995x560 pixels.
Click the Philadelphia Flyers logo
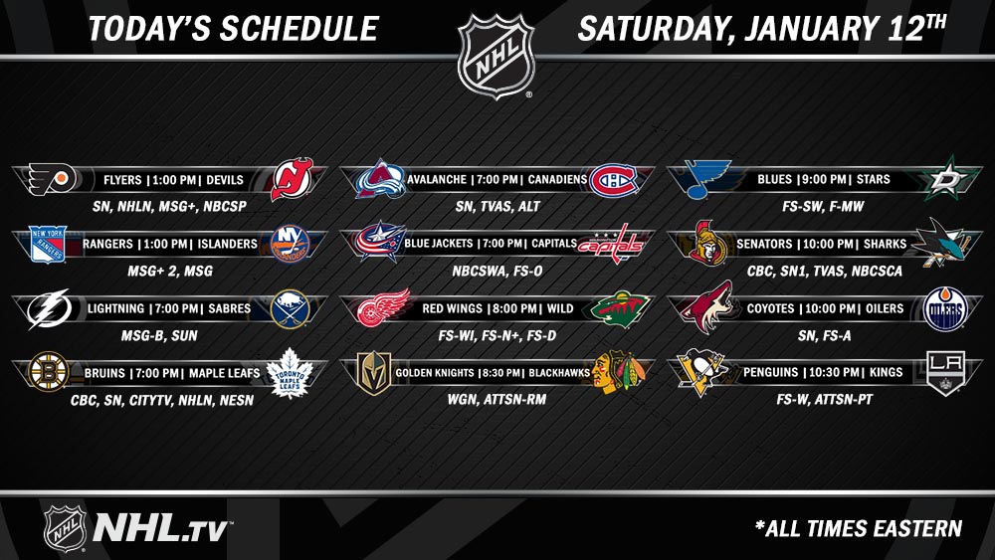pyautogui.click(x=53, y=179)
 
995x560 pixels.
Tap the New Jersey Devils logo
pyautogui.click(x=292, y=179)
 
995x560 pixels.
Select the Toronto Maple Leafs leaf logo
pyautogui.click(x=290, y=373)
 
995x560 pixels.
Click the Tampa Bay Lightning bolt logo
pyautogui.click(x=49, y=308)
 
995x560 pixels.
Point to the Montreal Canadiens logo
pyautogui.click(x=612, y=180)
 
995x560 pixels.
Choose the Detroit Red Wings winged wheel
pyautogui.click(x=383, y=308)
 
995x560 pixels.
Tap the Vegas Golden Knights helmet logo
pyautogui.click(x=374, y=373)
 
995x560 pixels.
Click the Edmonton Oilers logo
pyautogui.click(x=944, y=309)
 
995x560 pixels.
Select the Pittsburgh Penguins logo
pyautogui.click(x=700, y=372)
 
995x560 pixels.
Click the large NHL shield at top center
pyautogui.click(x=497, y=56)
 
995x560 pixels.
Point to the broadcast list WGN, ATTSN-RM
pyautogui.click(x=497, y=399)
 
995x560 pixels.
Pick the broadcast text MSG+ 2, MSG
pyautogui.click(x=170, y=271)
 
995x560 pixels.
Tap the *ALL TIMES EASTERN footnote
pyautogui.click(x=858, y=528)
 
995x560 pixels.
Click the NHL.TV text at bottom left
pyautogui.click(x=163, y=527)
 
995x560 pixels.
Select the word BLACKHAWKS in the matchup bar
pyautogui.click(x=559, y=373)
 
